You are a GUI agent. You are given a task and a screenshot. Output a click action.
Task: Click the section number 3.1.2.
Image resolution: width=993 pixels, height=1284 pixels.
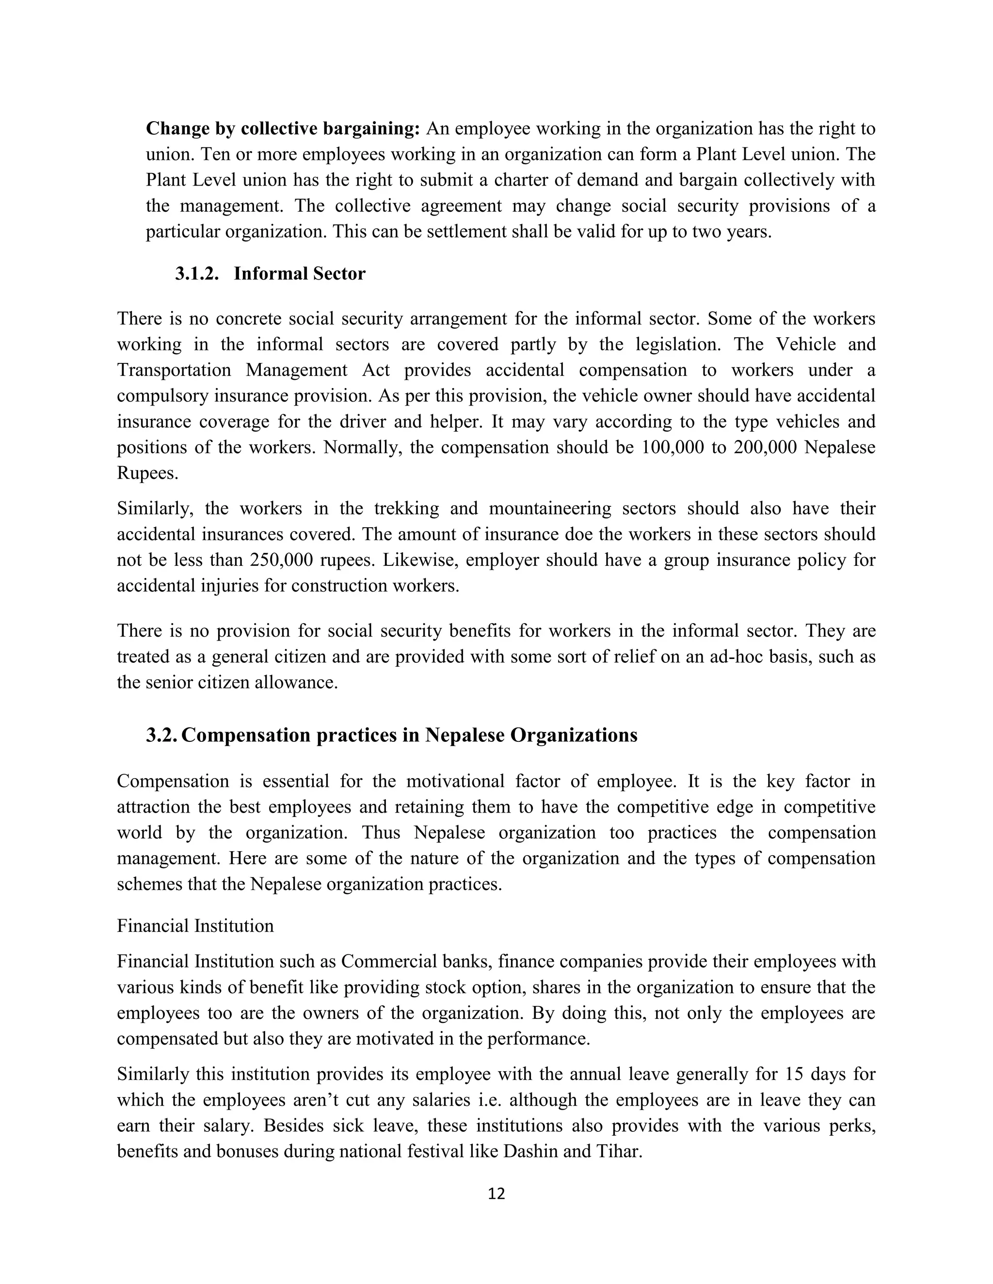[x=196, y=273]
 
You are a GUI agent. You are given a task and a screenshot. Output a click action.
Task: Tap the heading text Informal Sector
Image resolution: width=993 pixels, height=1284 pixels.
[x=300, y=273]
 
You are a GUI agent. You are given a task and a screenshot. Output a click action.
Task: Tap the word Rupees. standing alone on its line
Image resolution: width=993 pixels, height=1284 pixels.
[x=147, y=473]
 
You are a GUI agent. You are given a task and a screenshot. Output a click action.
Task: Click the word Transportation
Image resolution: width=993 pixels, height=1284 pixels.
[x=174, y=370]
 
